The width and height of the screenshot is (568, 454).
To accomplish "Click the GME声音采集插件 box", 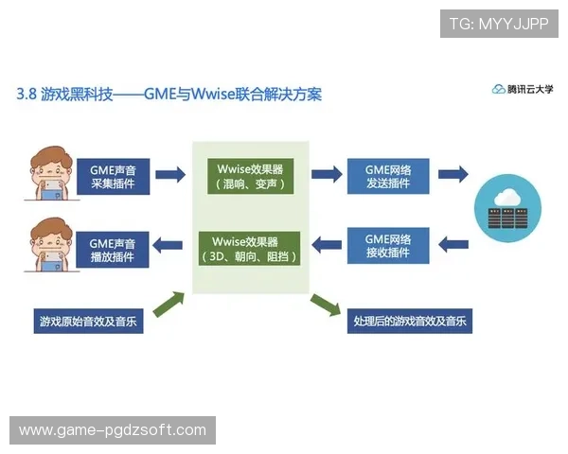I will point(113,176).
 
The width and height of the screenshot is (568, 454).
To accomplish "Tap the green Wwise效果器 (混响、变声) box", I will point(250,176).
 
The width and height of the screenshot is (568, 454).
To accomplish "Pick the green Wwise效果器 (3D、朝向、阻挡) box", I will point(250,248).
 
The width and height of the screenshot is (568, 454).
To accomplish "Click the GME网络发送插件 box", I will point(387,176).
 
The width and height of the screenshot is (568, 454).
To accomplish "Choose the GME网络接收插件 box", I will point(387,246).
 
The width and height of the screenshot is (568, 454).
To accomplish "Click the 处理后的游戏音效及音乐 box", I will point(409,321).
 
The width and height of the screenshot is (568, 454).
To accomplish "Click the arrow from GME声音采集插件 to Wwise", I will point(169,175).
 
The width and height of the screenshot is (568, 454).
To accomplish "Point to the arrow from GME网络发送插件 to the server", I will point(453,174).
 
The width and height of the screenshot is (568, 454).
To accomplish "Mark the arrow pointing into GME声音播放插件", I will point(169,246).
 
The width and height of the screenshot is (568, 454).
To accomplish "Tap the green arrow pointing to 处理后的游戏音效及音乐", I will point(325,304).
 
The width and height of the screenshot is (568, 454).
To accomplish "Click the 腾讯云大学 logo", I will point(523,89).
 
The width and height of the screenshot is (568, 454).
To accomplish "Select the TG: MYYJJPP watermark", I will point(499,24).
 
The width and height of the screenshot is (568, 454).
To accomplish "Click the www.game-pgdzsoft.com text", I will point(113,430).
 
